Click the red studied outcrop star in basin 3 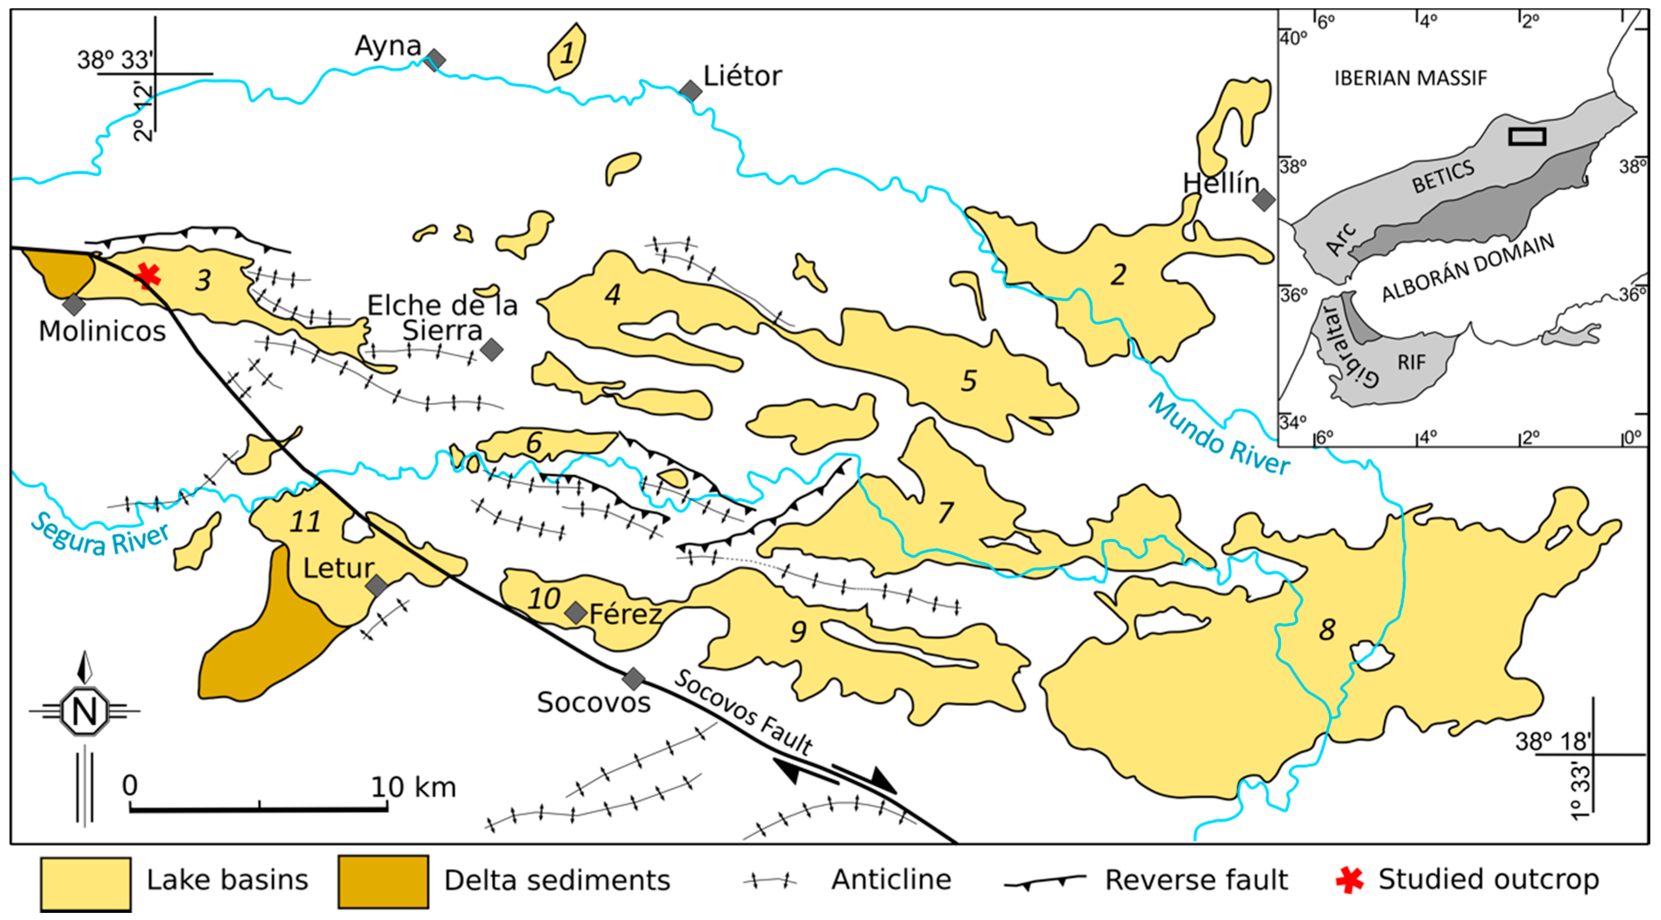(x=148, y=276)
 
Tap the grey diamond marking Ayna (x=436, y=59)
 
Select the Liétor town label (x=742, y=76)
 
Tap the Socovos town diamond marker (x=633, y=678)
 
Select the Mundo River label (x=1219, y=435)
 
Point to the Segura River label (x=100, y=535)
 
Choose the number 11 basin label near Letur (x=304, y=521)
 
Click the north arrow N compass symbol (x=84, y=711)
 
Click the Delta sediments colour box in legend (x=383, y=882)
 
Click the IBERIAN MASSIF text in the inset (x=1410, y=78)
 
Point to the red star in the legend (x=1349, y=880)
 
